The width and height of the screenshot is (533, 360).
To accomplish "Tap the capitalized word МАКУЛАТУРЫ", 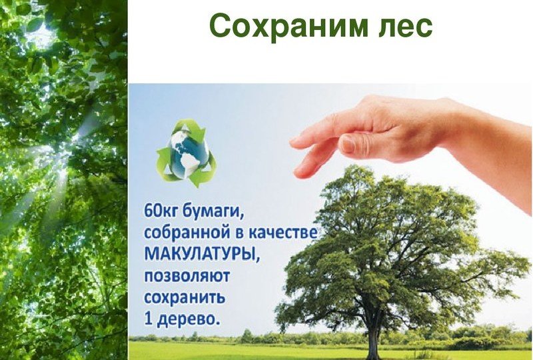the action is (x=203, y=255).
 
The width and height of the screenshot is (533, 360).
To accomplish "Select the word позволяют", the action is (x=187, y=276).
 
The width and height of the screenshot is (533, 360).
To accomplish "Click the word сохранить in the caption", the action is (x=185, y=298).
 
